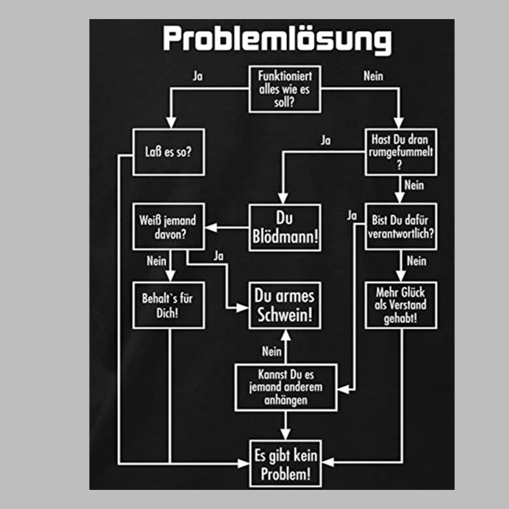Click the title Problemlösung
click(x=277, y=39)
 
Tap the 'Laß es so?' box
click(x=169, y=151)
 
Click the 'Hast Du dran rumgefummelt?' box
click(x=401, y=151)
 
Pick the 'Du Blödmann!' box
click(x=284, y=227)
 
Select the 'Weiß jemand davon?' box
click(x=169, y=227)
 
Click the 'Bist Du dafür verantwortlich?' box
click(x=401, y=227)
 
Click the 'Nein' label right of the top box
click(x=373, y=75)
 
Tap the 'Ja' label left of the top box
click(x=199, y=75)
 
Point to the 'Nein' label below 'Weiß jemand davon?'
click(x=156, y=260)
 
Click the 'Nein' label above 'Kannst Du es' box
click(x=272, y=351)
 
